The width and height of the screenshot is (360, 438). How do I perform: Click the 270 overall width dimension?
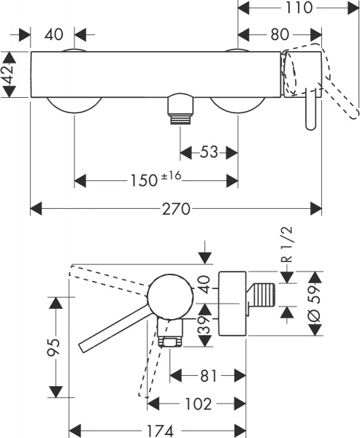(176, 210)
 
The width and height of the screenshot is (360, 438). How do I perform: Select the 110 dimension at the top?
(300, 8)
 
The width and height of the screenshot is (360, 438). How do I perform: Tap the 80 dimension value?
(278, 34)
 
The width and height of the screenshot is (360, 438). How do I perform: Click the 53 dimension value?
(209, 152)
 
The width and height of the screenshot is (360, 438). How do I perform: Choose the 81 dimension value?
(207, 376)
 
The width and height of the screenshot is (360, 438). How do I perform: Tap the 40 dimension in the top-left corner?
(53, 34)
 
